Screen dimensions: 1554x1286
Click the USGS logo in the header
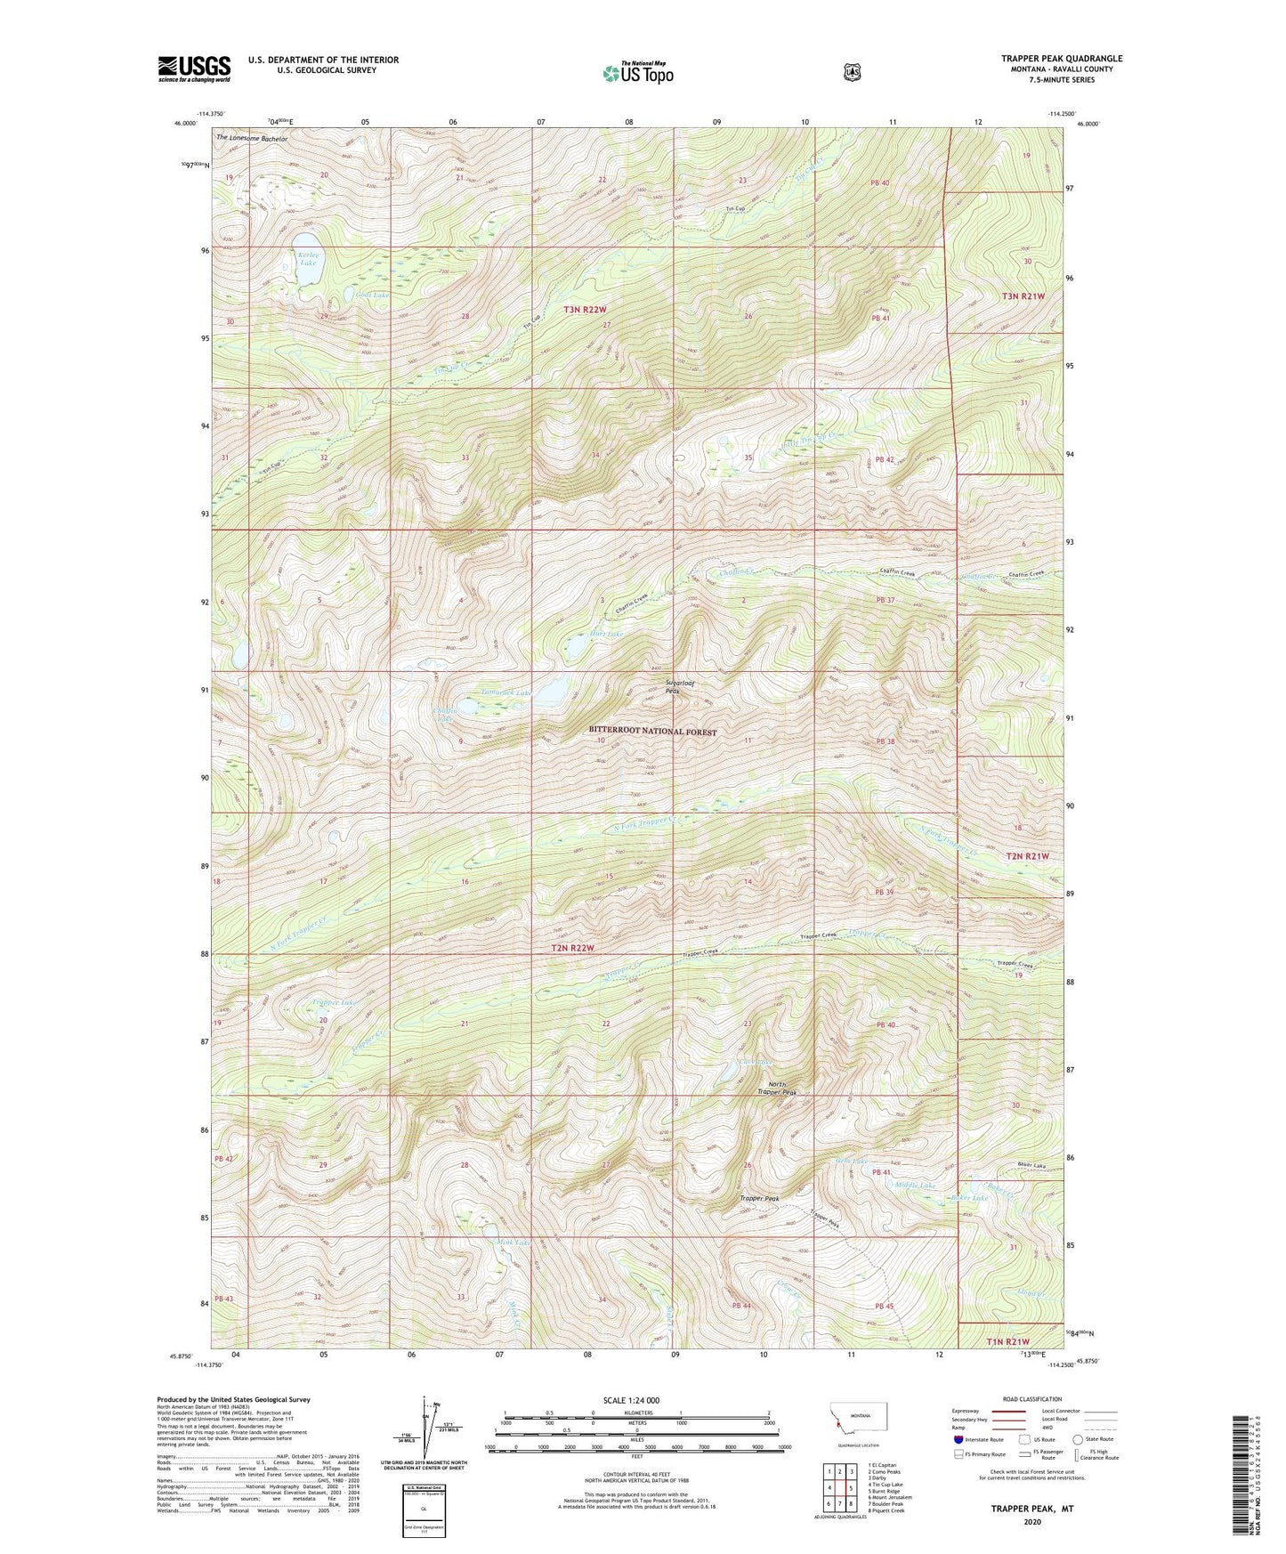[x=194, y=69]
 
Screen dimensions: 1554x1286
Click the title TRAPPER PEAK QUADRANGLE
[x=1061, y=59]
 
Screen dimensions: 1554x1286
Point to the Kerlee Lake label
[x=308, y=258]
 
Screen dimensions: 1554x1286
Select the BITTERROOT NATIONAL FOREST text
[x=652, y=731]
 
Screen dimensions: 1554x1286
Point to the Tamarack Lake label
[x=505, y=692]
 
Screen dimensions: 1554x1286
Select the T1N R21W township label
[x=1007, y=1340]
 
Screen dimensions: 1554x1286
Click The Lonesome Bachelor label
[x=252, y=139]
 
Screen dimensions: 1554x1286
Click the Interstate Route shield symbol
[x=958, y=1438]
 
